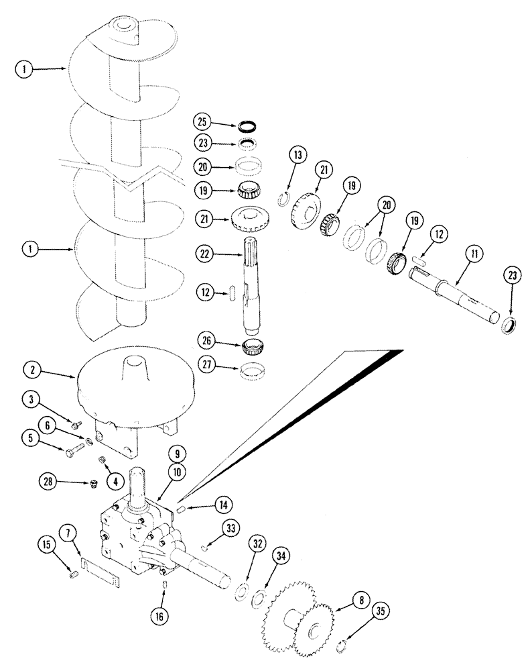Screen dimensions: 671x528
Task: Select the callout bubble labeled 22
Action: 204,255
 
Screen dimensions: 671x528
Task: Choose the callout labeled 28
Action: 46,482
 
